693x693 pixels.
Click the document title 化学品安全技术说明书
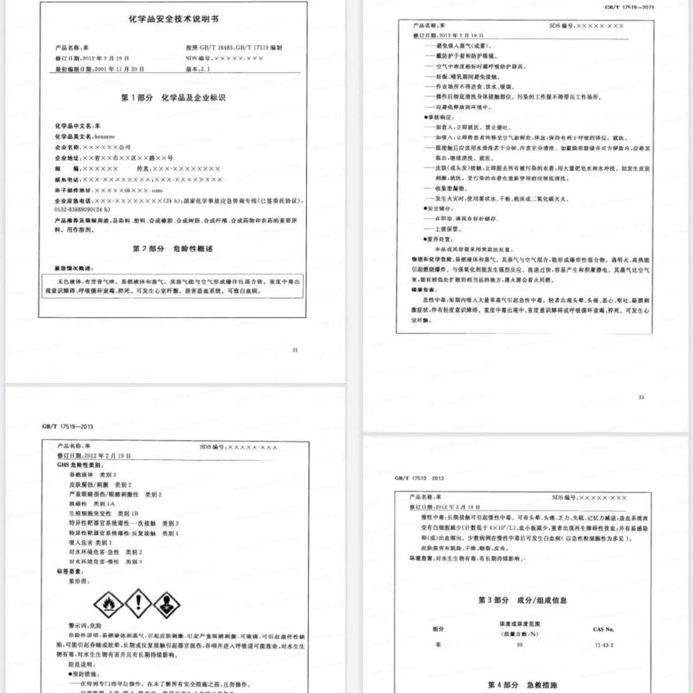point(174,19)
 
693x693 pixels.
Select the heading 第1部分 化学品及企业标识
point(173,98)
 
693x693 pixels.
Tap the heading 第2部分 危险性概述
point(173,248)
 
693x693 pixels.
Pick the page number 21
point(295,350)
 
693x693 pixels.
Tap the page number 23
point(641,397)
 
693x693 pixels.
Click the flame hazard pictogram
point(108,604)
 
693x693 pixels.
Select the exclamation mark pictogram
point(138,602)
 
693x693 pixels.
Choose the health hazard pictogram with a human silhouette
point(166,604)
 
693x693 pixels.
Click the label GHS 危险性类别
point(80,465)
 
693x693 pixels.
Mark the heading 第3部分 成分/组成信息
point(522,600)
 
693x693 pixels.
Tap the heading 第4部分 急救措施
point(522,685)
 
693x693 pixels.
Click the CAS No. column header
point(603,629)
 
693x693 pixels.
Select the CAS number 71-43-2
point(604,645)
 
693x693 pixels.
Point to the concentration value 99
point(519,645)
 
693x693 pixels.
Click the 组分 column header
point(438,629)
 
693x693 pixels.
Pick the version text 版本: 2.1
point(198,69)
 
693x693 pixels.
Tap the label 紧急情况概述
point(74,268)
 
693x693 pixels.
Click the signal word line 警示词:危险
point(85,626)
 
